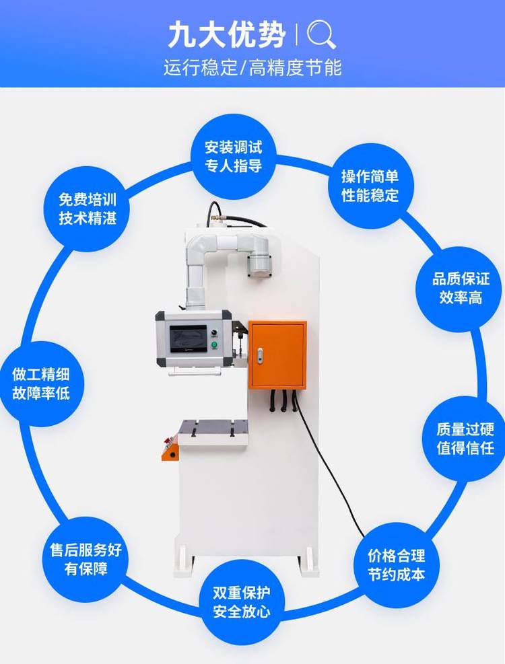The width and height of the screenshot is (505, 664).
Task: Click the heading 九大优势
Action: (227, 35)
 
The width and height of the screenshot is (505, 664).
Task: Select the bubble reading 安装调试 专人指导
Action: (234, 157)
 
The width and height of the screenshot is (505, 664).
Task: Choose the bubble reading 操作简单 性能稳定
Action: (370, 186)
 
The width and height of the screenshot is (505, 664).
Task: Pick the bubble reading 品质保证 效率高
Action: (460, 289)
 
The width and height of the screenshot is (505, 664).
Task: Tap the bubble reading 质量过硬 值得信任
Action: (465, 438)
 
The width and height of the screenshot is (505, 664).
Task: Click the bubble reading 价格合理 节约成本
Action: (397, 565)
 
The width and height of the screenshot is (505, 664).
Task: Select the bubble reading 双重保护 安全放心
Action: (241, 601)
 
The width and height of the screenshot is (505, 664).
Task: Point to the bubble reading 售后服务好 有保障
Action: (86, 559)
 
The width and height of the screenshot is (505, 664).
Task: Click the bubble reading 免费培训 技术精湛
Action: (88, 209)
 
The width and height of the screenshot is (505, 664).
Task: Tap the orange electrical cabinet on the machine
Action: (277, 355)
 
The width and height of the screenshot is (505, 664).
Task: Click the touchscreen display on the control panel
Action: (189, 339)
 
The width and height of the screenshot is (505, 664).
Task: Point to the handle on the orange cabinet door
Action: (259, 355)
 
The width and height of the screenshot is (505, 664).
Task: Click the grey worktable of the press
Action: (212, 433)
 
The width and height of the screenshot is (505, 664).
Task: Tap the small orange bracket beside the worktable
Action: (170, 450)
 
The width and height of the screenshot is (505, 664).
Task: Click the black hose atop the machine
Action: (232, 217)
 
